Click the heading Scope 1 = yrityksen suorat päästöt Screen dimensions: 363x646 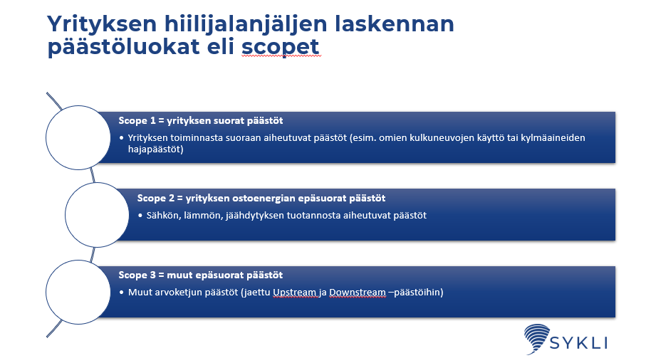tap(206, 120)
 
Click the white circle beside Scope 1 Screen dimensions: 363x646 tap(75, 137)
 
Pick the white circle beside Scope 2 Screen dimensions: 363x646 tap(95, 214)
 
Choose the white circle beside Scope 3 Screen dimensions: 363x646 tap(75, 291)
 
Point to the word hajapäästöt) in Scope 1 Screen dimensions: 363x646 tap(157, 149)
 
